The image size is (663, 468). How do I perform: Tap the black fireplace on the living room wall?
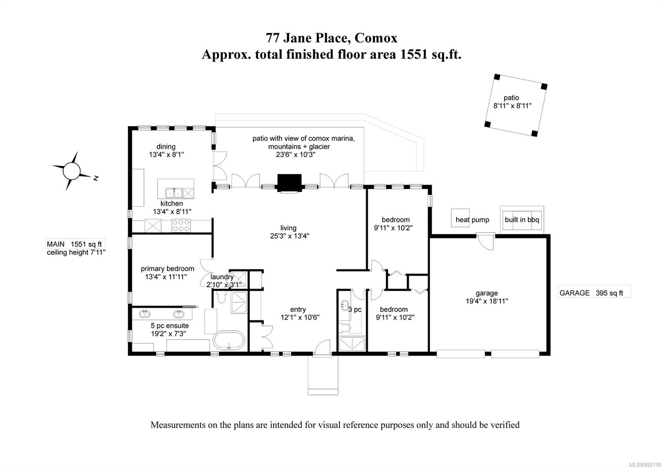pos(289,183)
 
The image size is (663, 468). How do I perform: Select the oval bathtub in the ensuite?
pos(229,340)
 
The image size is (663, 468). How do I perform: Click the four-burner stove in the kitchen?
pos(181,225)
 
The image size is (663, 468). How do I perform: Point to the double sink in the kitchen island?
pos(174,193)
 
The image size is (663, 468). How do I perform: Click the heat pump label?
pos(472,220)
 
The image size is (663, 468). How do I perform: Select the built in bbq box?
pos(522,220)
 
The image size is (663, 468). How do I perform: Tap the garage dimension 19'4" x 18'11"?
pos(486,301)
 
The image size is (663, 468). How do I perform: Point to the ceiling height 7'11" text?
pos(76,252)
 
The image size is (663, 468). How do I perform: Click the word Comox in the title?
pos(376,38)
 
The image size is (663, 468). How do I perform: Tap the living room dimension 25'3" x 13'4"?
pos(290,236)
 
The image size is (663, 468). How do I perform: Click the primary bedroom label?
pos(167,269)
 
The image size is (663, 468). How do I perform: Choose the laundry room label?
pos(222,277)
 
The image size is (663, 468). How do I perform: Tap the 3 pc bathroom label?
pos(355,309)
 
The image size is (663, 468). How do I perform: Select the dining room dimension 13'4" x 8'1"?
pos(166,154)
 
